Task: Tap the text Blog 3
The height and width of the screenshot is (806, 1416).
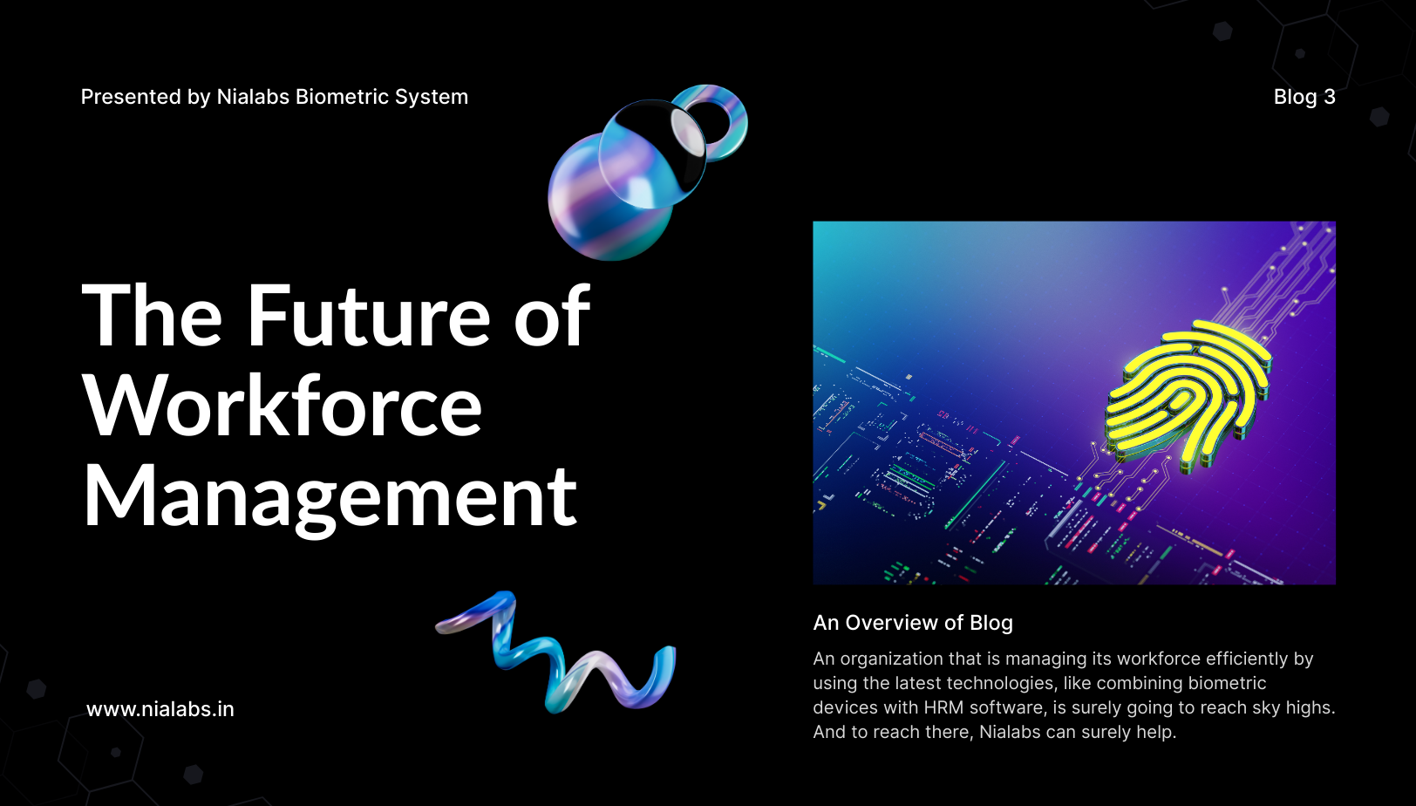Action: point(1304,97)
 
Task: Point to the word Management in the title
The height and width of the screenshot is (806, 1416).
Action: point(330,496)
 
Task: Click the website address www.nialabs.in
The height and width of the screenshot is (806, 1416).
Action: point(160,709)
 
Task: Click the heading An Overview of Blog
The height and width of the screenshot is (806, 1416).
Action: point(913,623)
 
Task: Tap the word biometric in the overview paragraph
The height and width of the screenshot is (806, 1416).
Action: point(1227,683)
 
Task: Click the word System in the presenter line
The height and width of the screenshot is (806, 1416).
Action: point(432,97)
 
